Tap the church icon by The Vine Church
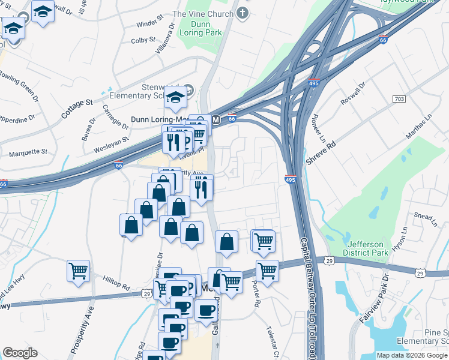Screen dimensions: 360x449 243,13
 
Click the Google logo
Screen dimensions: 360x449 20,353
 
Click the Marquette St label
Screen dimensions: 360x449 28,152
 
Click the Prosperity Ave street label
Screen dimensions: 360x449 82,329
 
